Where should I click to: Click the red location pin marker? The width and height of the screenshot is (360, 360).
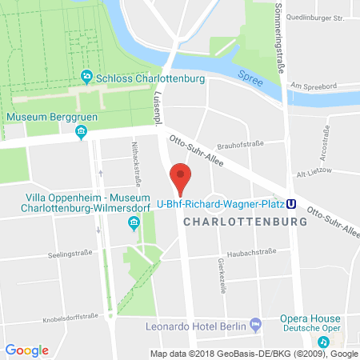point(182,178)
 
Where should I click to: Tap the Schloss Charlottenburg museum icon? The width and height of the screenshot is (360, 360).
point(87,78)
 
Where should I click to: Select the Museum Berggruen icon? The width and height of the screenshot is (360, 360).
point(80,131)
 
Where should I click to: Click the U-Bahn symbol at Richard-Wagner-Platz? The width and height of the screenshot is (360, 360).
point(293,203)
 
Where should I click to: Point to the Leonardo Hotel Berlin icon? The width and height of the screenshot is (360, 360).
point(255,325)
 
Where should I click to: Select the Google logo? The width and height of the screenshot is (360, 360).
point(26,350)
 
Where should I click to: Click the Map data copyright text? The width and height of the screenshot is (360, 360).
point(254,353)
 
